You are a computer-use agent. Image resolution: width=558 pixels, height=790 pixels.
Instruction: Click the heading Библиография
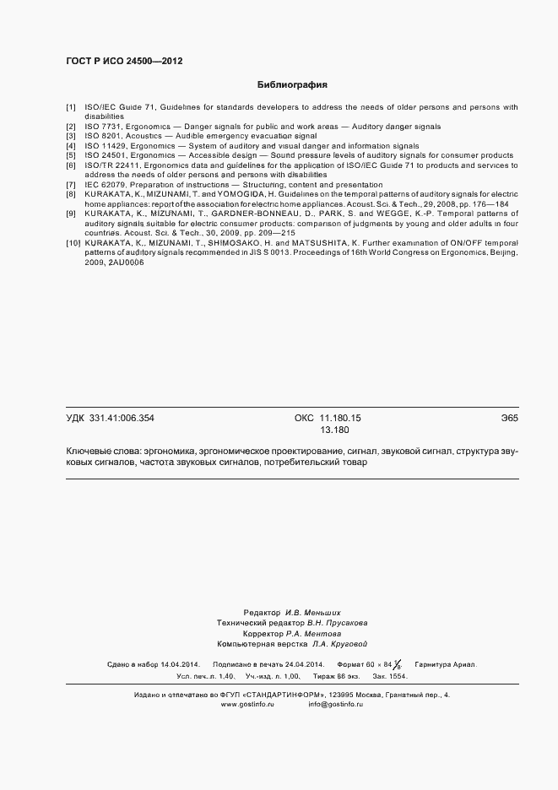[x=291, y=85]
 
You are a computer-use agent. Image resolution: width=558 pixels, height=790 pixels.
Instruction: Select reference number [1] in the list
[x=71, y=108]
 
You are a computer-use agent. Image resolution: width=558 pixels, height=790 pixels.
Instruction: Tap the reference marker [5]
[x=71, y=155]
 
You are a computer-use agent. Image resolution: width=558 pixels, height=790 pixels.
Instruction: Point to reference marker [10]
[x=73, y=242]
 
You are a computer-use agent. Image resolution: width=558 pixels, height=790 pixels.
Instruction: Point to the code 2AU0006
[x=126, y=262]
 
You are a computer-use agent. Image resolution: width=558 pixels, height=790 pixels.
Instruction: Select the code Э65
[x=509, y=418]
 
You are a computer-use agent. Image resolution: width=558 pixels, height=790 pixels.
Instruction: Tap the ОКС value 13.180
[x=334, y=430]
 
